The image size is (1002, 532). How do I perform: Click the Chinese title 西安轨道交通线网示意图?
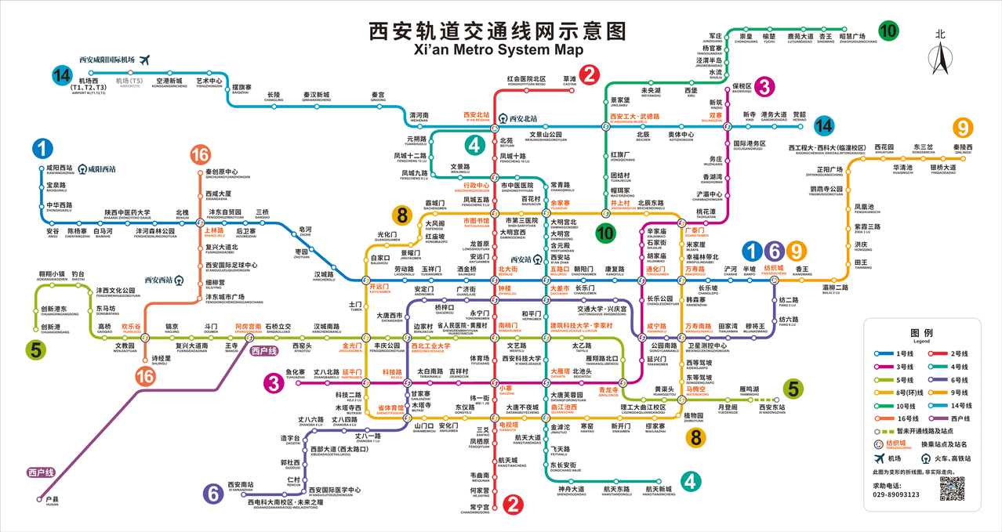click(498, 31)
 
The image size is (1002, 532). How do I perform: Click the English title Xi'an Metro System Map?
click(498, 50)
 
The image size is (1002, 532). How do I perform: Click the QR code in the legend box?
click(951, 488)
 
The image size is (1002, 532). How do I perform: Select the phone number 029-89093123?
click(895, 494)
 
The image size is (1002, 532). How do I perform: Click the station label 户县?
click(53, 500)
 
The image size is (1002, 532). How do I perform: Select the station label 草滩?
click(569, 80)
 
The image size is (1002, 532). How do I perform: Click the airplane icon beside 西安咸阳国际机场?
click(144, 60)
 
